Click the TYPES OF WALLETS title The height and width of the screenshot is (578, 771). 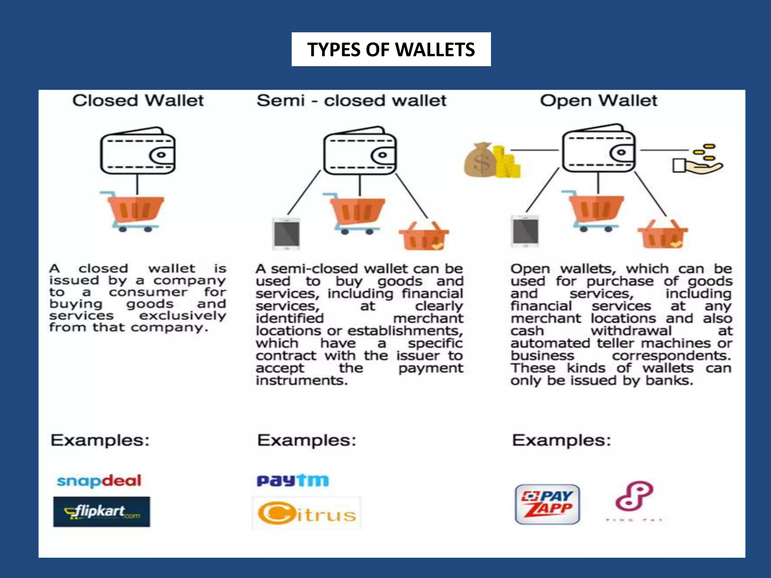click(x=391, y=49)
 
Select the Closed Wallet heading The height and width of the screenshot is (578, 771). click(x=138, y=101)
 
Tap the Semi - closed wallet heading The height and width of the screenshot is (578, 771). click(x=351, y=101)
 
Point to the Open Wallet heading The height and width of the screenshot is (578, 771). click(x=599, y=101)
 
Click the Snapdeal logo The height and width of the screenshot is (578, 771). click(x=99, y=481)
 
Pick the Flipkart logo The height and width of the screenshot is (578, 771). click(x=102, y=512)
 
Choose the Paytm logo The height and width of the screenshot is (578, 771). click(x=293, y=481)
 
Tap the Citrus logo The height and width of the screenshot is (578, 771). click(x=307, y=513)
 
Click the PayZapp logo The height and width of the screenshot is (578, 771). click(x=547, y=504)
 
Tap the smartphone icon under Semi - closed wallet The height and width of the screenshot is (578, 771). click(x=286, y=233)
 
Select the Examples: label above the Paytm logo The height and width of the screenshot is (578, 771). click(x=306, y=440)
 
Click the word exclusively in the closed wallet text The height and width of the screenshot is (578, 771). click(x=183, y=315)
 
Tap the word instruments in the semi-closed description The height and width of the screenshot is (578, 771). click(x=302, y=380)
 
